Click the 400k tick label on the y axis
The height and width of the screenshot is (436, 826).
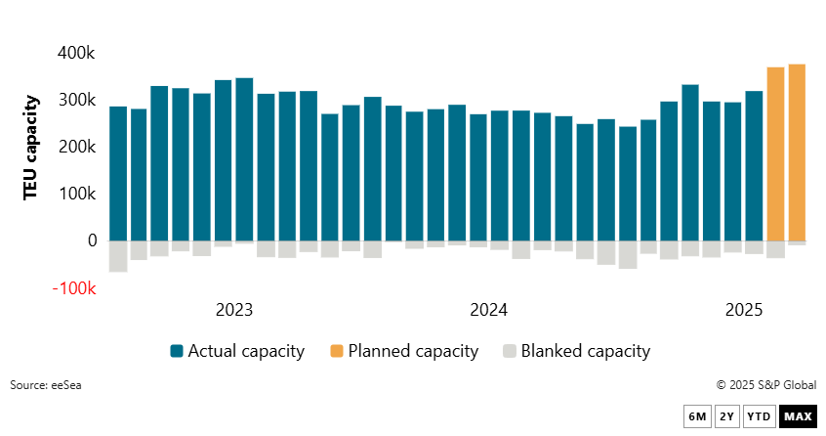click(75, 52)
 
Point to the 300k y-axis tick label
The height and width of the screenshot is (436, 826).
click(75, 100)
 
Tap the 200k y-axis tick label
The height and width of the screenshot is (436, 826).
click(75, 147)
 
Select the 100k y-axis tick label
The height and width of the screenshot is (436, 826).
click(75, 194)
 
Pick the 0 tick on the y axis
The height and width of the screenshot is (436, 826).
click(93, 240)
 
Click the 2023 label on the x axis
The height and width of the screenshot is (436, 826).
click(233, 311)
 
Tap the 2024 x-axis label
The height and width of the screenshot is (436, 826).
click(488, 311)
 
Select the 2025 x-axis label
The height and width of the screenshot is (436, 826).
click(743, 311)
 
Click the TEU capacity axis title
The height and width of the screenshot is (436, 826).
click(32, 148)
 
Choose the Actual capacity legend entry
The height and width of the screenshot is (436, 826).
click(237, 351)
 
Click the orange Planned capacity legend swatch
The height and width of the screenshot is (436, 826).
click(336, 351)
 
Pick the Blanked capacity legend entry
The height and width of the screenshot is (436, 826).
click(575, 351)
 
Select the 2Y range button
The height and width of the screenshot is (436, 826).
click(727, 417)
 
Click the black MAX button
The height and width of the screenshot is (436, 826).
click(798, 417)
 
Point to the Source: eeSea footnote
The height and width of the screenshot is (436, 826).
click(46, 385)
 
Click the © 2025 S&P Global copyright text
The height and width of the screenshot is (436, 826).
click(765, 385)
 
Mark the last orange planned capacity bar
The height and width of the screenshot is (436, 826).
click(797, 153)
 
